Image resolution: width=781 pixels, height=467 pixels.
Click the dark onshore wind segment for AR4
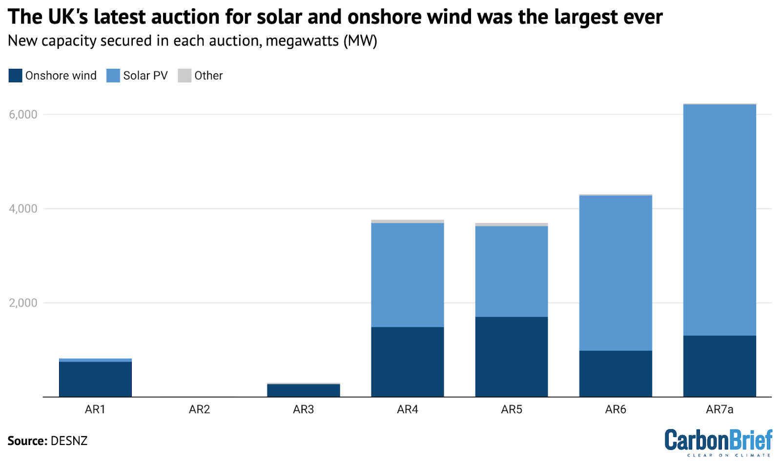click(x=407, y=362)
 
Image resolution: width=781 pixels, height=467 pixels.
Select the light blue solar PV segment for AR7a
click(x=719, y=220)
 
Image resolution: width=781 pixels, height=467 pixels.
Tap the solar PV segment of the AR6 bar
click(x=615, y=273)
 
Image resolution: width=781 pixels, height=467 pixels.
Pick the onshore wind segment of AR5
click(x=511, y=357)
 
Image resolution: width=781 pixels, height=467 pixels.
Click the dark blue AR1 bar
click(x=95, y=379)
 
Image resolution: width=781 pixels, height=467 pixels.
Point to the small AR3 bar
click(x=303, y=390)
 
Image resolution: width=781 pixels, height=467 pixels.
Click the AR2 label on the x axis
click(x=199, y=409)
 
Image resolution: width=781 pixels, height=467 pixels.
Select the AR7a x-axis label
click(x=719, y=409)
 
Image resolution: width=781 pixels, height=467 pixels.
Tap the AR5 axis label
click(x=511, y=409)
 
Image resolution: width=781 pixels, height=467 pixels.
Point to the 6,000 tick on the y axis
click(x=23, y=115)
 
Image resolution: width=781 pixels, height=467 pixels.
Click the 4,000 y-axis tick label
click(x=23, y=209)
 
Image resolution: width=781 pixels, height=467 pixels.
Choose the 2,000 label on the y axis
click(x=23, y=303)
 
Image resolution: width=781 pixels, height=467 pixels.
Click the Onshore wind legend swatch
click(x=16, y=76)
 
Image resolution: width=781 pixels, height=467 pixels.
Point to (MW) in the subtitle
click(x=360, y=41)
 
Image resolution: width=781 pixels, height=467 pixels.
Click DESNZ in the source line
click(x=69, y=441)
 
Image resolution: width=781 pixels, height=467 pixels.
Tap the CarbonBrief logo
click(x=718, y=442)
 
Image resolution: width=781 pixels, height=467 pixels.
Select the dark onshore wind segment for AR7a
click(x=719, y=366)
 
